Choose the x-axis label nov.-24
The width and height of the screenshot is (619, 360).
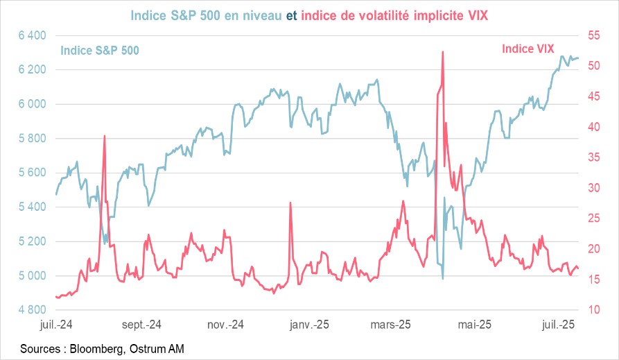[226, 325]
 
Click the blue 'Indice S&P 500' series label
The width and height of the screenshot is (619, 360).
[100, 51]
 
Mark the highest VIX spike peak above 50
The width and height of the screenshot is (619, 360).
[442, 51]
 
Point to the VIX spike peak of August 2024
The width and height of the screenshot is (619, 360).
[104, 136]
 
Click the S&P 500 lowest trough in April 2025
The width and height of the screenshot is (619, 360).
[443, 279]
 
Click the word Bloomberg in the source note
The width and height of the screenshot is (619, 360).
[96, 348]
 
